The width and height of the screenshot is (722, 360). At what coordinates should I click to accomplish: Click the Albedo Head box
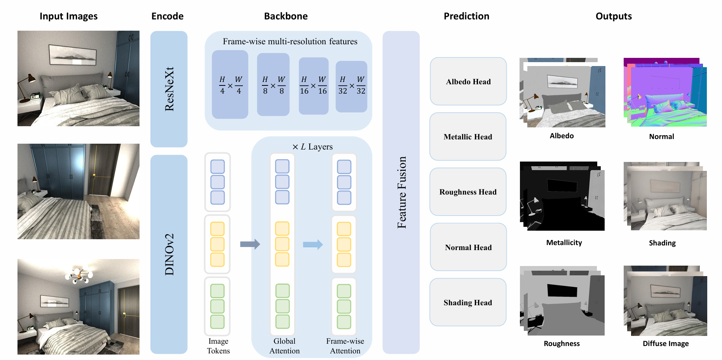[x=468, y=82]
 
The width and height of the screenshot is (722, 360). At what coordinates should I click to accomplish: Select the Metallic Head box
[x=468, y=137]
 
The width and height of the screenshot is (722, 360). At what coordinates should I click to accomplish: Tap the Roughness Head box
[x=468, y=192]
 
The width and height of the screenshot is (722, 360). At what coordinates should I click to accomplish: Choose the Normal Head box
[x=468, y=247]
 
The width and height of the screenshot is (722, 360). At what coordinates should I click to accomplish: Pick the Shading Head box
[x=468, y=303]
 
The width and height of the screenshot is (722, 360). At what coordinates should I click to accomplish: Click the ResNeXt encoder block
[x=169, y=89]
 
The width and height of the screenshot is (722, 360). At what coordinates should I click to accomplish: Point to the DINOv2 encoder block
[x=169, y=254]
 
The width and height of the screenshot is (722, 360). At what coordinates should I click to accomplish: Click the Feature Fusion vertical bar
[x=401, y=192]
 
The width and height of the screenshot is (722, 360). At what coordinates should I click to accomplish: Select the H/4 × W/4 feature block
[x=230, y=85]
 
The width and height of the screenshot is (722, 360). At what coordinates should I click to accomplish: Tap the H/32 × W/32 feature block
[x=351, y=87]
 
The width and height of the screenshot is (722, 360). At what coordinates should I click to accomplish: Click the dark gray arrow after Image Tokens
[x=250, y=244]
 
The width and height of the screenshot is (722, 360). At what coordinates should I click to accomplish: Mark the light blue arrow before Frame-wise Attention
[x=313, y=244]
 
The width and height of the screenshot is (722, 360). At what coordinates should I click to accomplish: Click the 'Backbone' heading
[x=286, y=16]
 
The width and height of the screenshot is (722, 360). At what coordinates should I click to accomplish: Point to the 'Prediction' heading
[x=466, y=16]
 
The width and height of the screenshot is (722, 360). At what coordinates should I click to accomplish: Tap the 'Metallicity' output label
[x=564, y=243]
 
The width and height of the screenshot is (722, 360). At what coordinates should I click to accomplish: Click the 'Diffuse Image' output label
[x=665, y=344]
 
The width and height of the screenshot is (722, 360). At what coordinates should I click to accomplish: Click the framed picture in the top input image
[x=73, y=55]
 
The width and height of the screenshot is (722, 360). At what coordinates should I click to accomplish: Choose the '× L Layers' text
[x=312, y=147]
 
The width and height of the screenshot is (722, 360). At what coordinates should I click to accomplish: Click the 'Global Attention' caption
[x=284, y=346]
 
